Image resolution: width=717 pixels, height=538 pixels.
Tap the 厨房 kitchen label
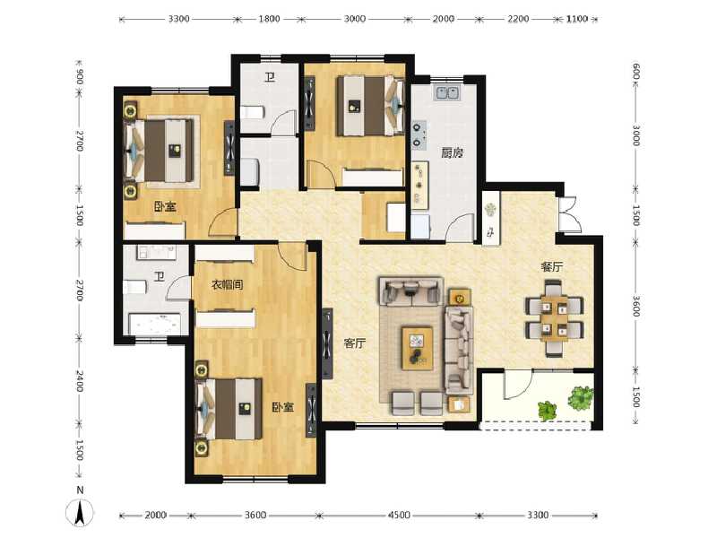(451, 152)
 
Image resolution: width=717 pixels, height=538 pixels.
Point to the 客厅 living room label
(355, 343)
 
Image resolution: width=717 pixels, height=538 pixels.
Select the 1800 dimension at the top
(269, 19)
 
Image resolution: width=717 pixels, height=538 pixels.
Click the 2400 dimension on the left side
(80, 383)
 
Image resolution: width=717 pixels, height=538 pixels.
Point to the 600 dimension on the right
(635, 72)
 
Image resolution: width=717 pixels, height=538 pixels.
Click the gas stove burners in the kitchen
(418, 133)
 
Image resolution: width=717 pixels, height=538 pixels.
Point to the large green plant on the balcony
(581, 397)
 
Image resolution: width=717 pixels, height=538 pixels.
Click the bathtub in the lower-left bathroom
(159, 324)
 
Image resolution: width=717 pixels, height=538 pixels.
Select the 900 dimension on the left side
(80, 76)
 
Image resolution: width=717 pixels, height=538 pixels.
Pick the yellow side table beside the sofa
(458, 299)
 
